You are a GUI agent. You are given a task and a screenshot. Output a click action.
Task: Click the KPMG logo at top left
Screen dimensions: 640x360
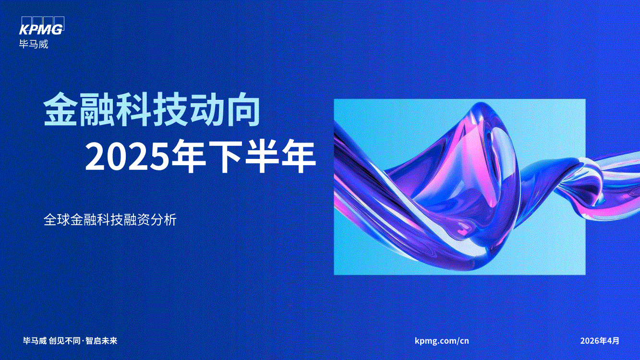[42, 26]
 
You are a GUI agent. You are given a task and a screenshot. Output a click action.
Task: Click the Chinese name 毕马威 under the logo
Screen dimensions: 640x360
[34, 44]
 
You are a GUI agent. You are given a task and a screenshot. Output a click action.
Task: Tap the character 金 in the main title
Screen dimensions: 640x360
[60, 109]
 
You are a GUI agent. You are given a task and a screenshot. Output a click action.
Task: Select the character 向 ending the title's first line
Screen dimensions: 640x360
[242, 109]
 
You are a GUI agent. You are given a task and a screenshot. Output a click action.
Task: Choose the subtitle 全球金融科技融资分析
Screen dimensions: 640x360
[110, 219]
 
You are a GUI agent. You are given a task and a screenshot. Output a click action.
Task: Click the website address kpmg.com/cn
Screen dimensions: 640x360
[442, 341]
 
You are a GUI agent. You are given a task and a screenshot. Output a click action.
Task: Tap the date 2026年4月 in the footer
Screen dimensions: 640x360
[600, 341]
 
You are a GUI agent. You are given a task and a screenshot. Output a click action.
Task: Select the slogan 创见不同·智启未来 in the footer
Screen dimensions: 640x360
[83, 341]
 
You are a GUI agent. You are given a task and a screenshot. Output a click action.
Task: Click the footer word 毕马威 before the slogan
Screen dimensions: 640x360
[35, 341]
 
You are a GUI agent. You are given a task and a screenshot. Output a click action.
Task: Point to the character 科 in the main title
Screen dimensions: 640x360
[133, 109]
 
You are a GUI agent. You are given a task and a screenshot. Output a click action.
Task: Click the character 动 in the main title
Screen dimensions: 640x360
[206, 109]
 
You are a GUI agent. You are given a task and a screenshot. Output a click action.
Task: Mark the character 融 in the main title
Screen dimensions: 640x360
[97, 109]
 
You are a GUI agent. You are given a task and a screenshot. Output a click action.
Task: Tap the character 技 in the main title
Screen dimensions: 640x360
[169, 109]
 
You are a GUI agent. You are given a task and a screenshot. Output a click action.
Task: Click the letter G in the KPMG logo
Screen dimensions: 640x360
[58, 29]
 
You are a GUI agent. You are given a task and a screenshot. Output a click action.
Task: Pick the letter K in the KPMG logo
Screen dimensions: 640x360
[24, 29]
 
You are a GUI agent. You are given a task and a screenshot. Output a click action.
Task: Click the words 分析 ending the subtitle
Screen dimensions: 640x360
[163, 219]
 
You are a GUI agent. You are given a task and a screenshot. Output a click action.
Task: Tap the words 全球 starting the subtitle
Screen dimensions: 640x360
[57, 219]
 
